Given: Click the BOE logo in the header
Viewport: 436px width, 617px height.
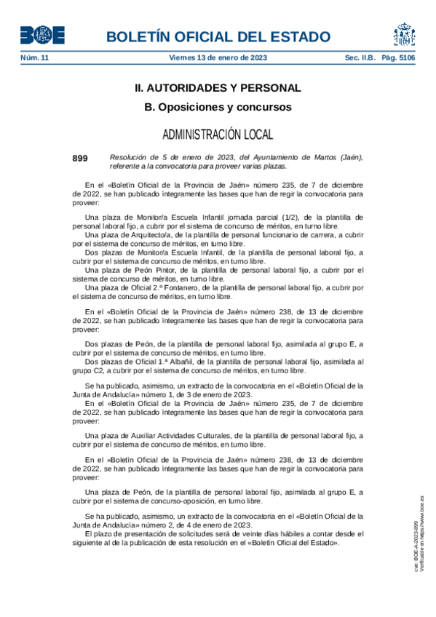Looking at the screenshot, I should coord(42,35).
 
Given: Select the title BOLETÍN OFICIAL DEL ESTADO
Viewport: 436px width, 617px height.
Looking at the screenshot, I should coord(218,37).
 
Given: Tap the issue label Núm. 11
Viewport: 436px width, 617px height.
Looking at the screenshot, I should coord(34,57).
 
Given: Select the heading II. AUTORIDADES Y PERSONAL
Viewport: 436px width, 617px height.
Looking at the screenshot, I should coord(218,88).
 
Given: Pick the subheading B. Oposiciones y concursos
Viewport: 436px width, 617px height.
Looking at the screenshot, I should coord(218,108).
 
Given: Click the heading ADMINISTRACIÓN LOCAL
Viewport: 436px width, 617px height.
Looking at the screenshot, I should coord(218,135).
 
